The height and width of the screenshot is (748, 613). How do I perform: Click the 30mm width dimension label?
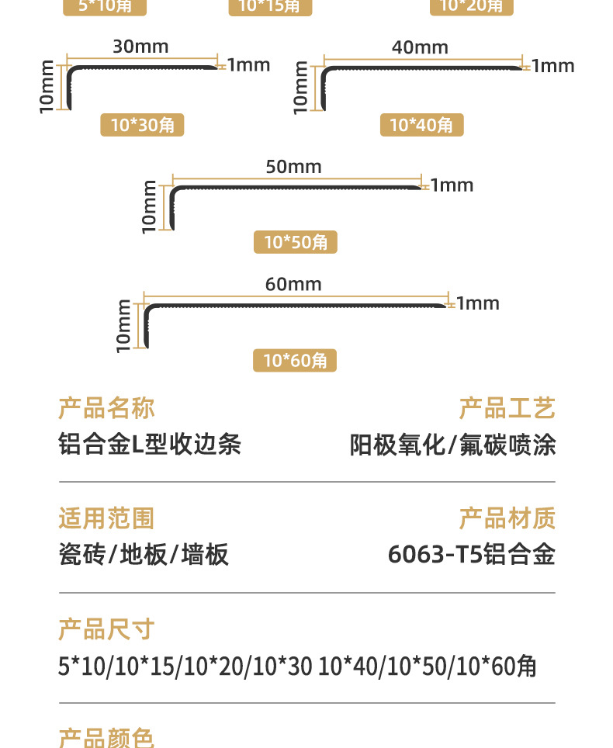[140, 47]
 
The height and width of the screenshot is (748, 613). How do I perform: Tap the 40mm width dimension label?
[420, 47]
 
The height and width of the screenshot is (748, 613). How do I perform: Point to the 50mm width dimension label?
[293, 167]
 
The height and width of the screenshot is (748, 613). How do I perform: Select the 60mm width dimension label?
[293, 284]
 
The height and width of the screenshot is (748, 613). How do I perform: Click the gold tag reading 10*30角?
[142, 124]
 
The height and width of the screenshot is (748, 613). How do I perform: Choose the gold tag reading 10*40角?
[421, 124]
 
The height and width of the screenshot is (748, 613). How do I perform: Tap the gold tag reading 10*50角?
[296, 242]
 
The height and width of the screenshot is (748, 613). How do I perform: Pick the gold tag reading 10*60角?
[295, 360]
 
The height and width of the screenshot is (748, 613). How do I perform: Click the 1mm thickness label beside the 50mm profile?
[452, 185]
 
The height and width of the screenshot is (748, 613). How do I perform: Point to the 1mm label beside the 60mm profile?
[478, 303]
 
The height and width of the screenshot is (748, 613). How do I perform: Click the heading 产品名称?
[106, 408]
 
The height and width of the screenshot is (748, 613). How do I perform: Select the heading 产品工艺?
[507, 408]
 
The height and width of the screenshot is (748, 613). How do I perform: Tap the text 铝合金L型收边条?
[150, 445]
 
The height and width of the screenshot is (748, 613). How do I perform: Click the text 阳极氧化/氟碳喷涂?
[452, 445]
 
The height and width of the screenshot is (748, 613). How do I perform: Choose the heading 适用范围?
[106, 518]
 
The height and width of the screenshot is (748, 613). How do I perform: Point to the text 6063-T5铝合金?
[471, 555]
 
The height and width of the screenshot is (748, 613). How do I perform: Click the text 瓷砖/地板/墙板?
[144, 555]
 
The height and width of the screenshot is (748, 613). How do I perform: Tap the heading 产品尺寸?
[106, 629]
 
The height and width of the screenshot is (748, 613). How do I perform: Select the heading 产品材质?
[507, 518]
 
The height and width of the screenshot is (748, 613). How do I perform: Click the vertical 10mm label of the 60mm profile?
[123, 326]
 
